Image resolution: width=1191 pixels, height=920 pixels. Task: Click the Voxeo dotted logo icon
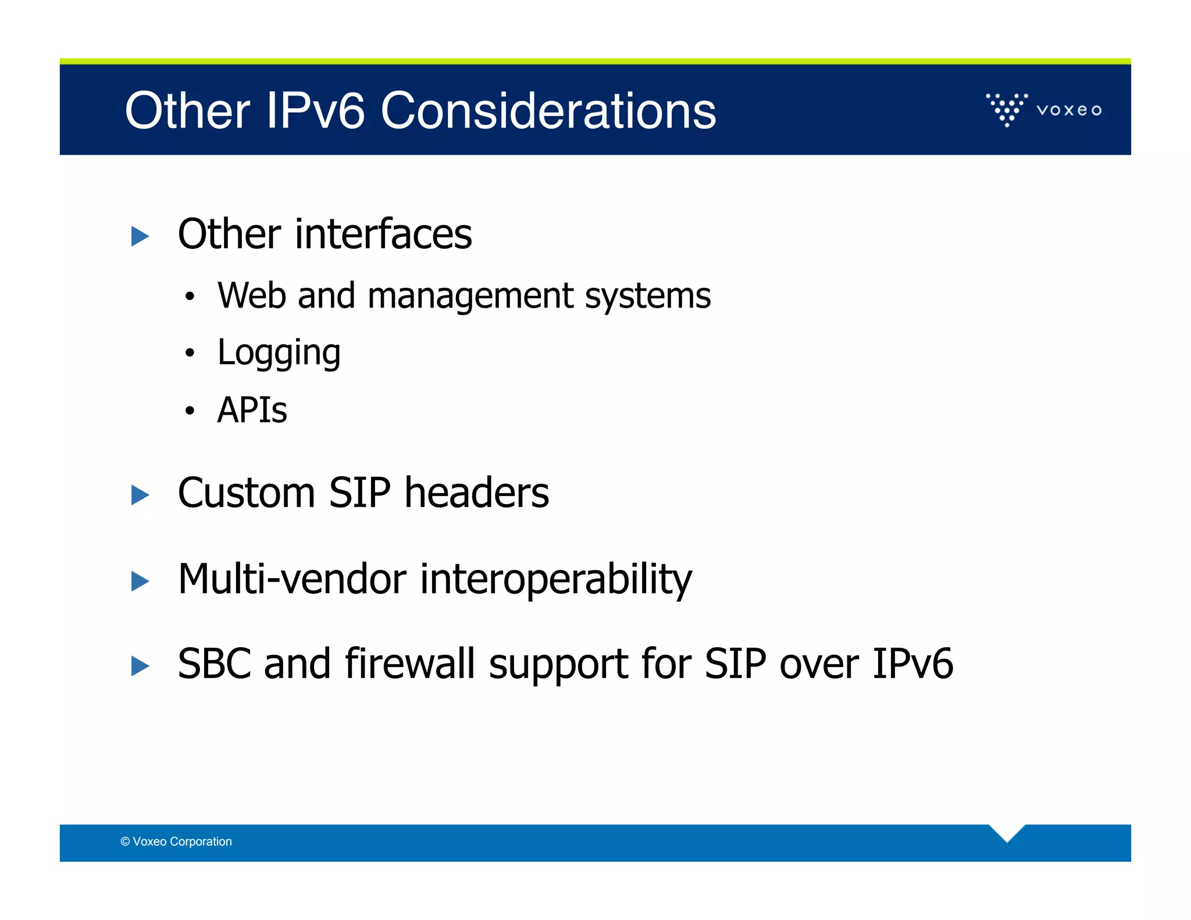1007,109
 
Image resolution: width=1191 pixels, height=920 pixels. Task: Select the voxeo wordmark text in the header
1069,110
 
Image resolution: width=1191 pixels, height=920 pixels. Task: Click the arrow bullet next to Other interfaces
140,236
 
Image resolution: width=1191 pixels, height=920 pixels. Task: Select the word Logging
279,353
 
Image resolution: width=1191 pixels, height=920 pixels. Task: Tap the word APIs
252,410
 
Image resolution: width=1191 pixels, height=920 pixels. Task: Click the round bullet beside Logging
189,353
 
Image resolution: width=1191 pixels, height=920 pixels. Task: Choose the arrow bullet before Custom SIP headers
140,495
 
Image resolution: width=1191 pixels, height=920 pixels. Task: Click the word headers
476,493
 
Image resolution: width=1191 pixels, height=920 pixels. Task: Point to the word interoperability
555,580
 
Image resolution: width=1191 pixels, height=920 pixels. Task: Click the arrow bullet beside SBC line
140,666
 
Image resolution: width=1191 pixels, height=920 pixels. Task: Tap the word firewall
409,664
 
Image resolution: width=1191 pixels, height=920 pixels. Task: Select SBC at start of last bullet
213,664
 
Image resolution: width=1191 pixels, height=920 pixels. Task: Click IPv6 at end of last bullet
912,664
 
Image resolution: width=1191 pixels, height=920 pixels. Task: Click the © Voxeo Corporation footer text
176,841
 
